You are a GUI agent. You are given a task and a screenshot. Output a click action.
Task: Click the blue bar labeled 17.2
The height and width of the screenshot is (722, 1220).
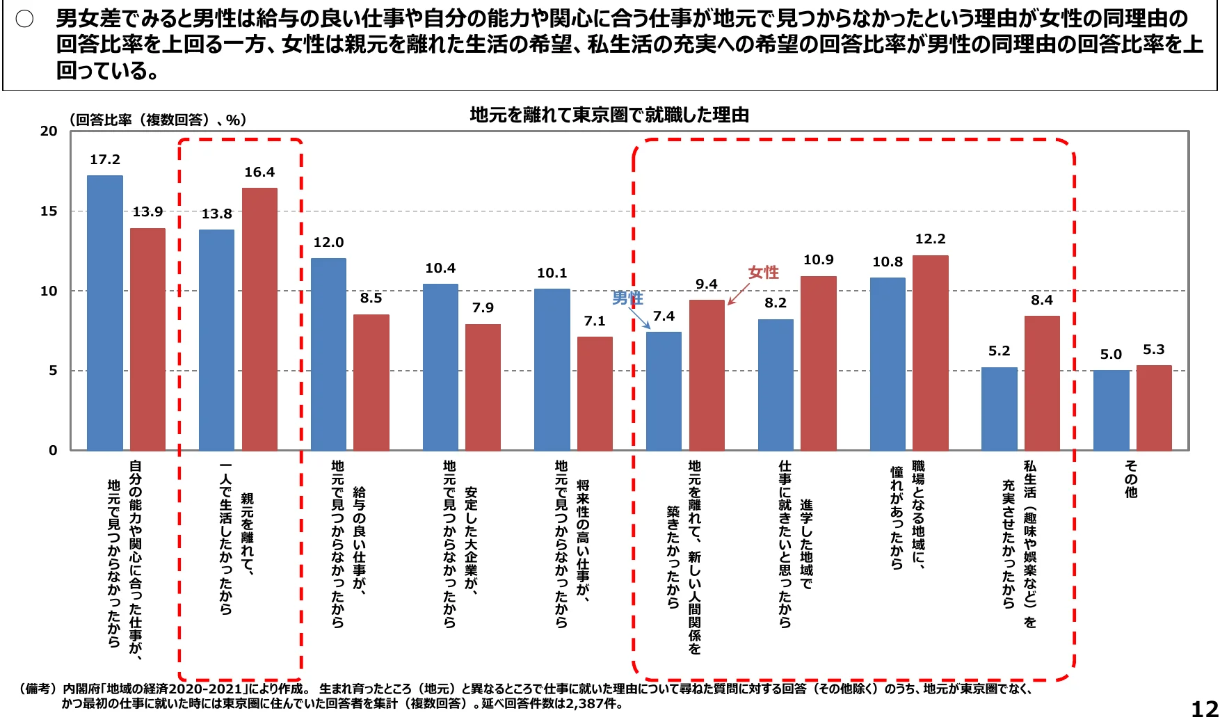tap(104, 313)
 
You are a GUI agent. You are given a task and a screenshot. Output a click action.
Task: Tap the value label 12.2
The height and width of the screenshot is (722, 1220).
tap(930, 239)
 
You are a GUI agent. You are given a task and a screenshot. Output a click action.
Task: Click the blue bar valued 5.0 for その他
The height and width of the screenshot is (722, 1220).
tap(1111, 410)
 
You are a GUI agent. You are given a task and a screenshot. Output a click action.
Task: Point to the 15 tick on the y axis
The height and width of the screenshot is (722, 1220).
tap(49, 211)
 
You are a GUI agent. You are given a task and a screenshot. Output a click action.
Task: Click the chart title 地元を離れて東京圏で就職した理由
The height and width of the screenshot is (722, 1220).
tap(609, 115)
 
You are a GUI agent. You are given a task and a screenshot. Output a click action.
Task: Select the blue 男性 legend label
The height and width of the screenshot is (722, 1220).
tap(627, 298)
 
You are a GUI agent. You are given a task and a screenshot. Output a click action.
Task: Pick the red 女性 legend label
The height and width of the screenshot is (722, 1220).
tap(763, 273)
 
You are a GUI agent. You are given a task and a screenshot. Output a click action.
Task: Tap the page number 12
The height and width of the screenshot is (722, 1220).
tap(1204, 709)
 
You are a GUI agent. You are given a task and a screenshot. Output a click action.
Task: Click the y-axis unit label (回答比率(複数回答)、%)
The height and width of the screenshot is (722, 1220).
tap(158, 120)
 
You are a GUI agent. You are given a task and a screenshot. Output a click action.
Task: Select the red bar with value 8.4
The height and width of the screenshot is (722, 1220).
tap(1041, 383)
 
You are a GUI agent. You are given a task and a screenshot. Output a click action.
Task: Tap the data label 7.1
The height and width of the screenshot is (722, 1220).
tap(594, 321)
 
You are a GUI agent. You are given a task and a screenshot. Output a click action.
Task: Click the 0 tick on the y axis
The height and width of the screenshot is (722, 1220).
tap(53, 450)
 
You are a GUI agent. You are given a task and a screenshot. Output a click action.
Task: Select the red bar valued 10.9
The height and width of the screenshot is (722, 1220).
tap(818, 362)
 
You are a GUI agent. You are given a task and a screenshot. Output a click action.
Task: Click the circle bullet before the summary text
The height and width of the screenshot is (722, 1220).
tap(25, 19)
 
